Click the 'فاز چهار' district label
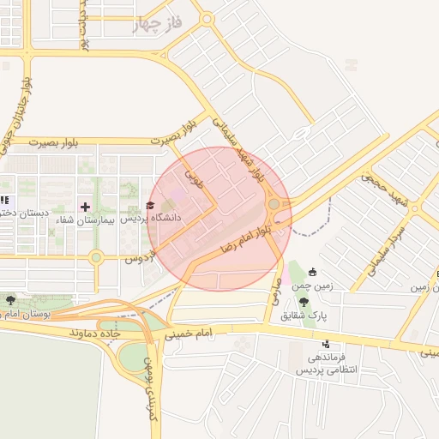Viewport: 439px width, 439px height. [x=159, y=24]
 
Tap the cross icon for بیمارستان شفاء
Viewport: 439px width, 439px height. [x=85, y=207]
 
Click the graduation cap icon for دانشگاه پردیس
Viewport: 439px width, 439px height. [x=151, y=206]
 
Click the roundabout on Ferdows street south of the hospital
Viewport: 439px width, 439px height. [x=96, y=256]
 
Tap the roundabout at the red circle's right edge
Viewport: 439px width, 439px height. [x=274, y=205]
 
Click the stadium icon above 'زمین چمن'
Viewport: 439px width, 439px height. [x=312, y=272]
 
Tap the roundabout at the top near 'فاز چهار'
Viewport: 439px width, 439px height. [x=207, y=19]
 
